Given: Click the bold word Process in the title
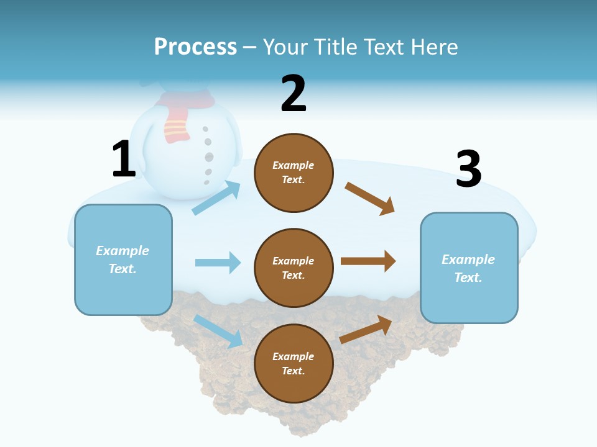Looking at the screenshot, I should pos(195,47).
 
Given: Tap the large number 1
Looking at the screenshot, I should pos(124,159).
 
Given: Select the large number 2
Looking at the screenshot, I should pos(294,94).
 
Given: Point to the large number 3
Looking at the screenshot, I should pos(468,169).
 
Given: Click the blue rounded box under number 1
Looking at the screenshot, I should pos(123,260).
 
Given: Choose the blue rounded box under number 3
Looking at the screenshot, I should pos(469,268).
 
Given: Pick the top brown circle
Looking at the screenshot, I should pos(294,173).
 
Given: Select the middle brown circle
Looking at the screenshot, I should pos(294,268).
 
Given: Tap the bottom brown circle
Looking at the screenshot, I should pos(294,363).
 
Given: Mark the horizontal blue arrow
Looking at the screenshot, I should pos(218,263).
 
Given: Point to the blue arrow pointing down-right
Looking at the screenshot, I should pos(218,330).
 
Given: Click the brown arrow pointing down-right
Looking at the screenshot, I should pos(370,198).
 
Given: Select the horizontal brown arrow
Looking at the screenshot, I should pos(368,261).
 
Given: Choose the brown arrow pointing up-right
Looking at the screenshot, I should pos(366,329).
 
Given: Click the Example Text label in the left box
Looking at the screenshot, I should pos(123,260).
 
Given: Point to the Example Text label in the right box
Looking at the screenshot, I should pos(468,268).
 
